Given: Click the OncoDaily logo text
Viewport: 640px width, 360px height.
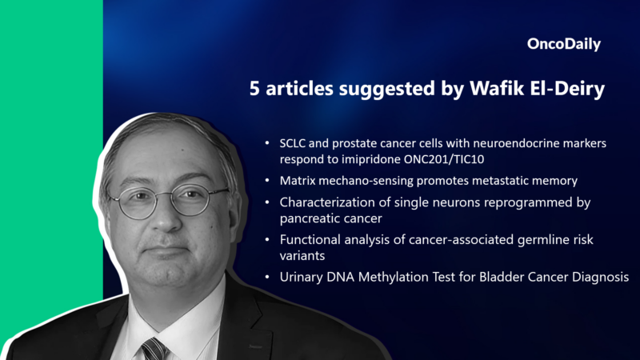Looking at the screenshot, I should coord(564,45).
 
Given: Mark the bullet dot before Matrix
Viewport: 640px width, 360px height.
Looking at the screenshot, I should coord(267,182).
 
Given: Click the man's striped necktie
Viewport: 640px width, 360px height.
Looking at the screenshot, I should coord(153,349).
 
